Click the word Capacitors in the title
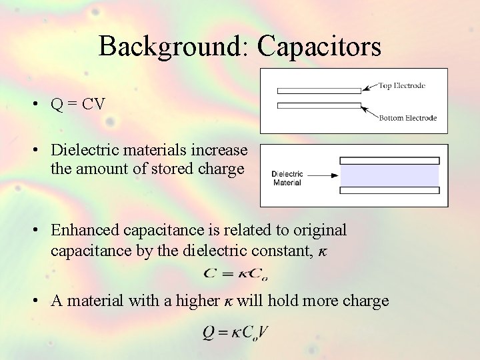pyautogui.click(x=319, y=47)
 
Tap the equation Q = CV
pyautogui.click(x=78, y=105)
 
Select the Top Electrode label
pyautogui.click(x=402, y=86)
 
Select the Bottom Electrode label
pyautogui.click(x=408, y=118)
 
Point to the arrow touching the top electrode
pyautogui.click(x=369, y=89)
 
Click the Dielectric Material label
pyautogui.click(x=287, y=178)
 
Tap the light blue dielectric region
pyautogui.click(x=390, y=176)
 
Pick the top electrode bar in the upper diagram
pyautogui.click(x=319, y=90)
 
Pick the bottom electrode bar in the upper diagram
pyautogui.click(x=319, y=105)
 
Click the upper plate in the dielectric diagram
pyautogui.click(x=390, y=161)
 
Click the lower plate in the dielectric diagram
pyautogui.click(x=390, y=191)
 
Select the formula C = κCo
pyautogui.click(x=235, y=273)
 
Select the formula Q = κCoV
pyautogui.click(x=235, y=332)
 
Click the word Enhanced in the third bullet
pyautogui.click(x=81, y=231)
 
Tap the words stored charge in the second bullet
pyautogui.click(x=213, y=169)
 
